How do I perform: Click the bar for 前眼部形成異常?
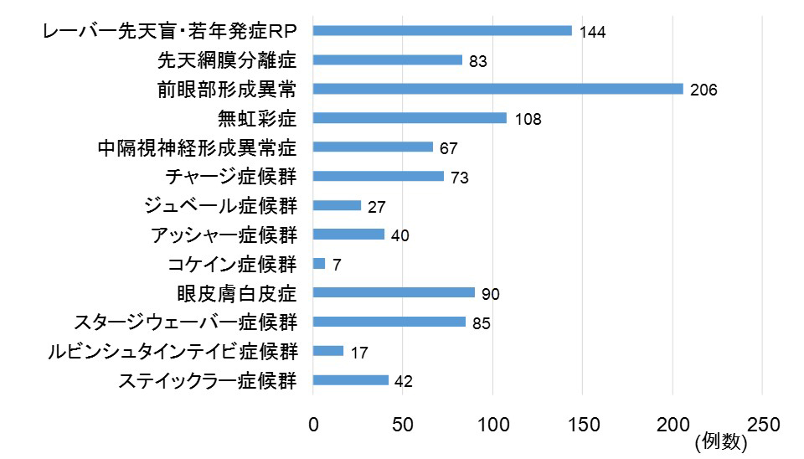497,89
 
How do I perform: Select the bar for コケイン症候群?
319,264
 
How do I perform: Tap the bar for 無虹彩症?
410,118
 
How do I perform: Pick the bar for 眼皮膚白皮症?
394,293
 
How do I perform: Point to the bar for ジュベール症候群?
337,205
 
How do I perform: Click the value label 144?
592,33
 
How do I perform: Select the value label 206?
704,90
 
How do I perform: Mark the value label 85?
481,323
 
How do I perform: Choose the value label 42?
403,382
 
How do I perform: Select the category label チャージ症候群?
231,177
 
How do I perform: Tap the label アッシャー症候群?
224,235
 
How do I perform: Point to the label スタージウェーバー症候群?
185,322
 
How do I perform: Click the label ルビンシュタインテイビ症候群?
173,352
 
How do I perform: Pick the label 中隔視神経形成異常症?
197,147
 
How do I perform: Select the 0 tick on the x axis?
313,424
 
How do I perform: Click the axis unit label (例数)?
720,442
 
